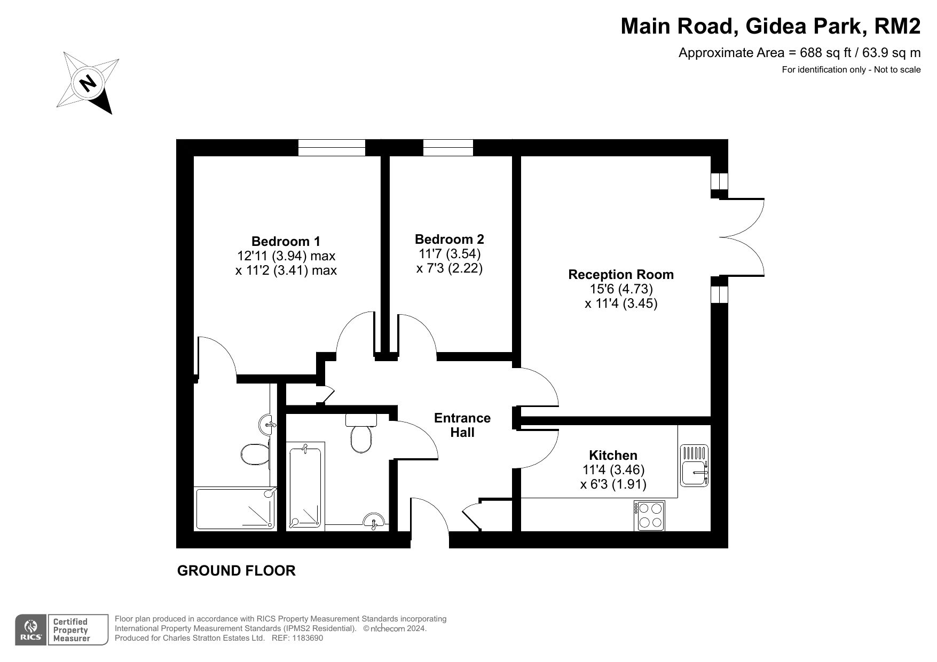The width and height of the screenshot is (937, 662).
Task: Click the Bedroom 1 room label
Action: tap(286, 241)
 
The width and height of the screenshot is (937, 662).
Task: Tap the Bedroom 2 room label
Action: tap(449, 239)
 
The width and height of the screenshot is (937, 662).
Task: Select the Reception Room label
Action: tap(621, 275)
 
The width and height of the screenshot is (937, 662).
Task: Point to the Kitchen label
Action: tap(613, 455)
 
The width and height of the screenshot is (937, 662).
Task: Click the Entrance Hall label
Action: tap(462, 425)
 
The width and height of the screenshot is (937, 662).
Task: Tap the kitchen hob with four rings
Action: tap(649, 515)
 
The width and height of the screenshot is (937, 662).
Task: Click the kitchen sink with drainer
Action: tap(694, 465)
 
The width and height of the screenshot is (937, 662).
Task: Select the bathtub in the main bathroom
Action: tap(305, 486)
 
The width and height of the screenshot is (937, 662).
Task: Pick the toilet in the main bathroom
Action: tap(361, 433)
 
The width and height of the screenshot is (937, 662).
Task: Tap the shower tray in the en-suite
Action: tap(235, 509)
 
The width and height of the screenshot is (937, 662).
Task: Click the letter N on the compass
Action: tap(88, 83)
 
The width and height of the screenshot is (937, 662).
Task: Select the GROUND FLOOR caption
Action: tap(236, 571)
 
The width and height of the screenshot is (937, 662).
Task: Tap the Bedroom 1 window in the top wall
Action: tap(332, 148)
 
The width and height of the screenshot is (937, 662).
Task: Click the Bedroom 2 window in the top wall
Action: tap(448, 148)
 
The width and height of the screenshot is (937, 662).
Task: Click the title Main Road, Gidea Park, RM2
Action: tap(770, 26)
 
